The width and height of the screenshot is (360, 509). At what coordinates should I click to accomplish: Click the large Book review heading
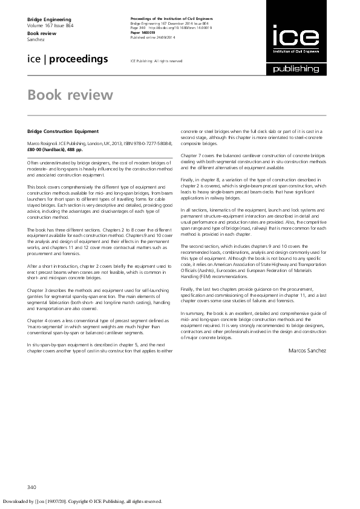coord(70,96)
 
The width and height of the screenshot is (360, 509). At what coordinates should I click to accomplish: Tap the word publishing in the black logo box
coord(296,69)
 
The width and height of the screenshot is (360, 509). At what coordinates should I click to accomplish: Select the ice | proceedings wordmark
coord(68,59)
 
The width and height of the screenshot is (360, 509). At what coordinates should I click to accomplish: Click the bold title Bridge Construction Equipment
coord(63,131)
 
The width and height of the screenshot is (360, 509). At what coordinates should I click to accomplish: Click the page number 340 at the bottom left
coord(33,487)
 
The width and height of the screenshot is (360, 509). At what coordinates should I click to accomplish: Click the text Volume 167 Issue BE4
coord(50,27)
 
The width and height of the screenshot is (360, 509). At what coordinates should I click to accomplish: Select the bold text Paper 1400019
coord(144,33)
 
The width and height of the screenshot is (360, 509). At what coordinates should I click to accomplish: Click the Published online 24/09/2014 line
coord(152,37)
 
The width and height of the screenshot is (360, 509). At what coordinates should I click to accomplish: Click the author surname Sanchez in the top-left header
coord(36,39)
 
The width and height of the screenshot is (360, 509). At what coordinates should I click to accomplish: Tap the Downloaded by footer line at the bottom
coord(82,501)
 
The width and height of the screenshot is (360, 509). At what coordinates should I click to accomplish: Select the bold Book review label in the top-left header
coord(41,33)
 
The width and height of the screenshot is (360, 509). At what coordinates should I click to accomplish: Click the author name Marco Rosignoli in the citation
coord(44,143)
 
